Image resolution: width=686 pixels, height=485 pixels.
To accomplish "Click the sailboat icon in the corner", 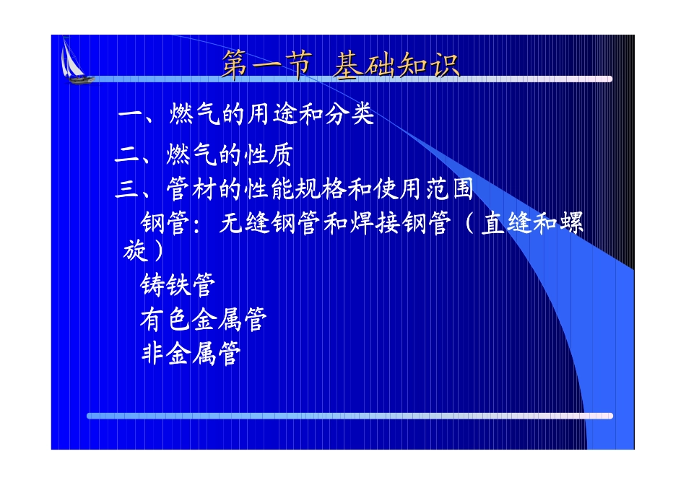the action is pos(75,61).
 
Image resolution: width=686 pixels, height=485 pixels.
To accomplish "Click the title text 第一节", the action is pos(267,65).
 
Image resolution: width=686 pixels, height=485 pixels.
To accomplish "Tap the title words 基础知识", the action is pos(396,66).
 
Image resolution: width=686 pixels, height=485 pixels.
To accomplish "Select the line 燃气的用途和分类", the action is pos(272,115).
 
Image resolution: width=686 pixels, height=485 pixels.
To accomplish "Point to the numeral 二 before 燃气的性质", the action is pos(127,154).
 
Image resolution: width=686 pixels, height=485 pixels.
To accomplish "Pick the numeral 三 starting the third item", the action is pos(127,189).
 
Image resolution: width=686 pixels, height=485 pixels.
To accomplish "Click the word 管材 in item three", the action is pos(191,189).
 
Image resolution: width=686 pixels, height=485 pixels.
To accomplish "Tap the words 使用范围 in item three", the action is pos(423,189).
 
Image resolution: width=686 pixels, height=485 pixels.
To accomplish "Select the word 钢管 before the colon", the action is pos(165,223).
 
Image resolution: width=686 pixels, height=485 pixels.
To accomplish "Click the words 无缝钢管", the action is pos(269,223).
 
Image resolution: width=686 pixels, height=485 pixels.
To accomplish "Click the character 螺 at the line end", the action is pos(571,223).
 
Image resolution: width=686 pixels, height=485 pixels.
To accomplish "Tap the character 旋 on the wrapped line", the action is pos(135,250).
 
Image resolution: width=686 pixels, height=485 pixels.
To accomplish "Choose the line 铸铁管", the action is pos(178,284).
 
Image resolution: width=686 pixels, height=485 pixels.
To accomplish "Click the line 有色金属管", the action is pos(204,319).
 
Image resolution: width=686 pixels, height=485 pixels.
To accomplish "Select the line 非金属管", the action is pos(191,354).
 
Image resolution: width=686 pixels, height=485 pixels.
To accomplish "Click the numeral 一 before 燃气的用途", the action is pos(130,115).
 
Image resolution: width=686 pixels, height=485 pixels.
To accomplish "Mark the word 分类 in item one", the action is pos(349,115).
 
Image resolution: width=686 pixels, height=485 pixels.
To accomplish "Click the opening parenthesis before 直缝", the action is pos(469,223).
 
